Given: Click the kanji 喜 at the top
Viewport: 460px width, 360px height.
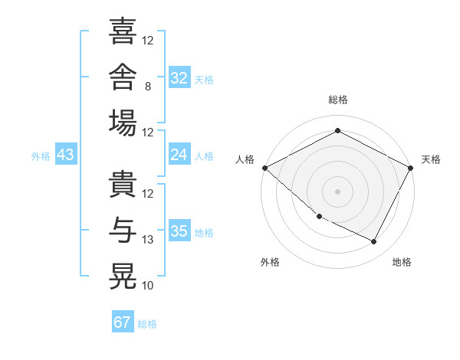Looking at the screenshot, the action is [x=123, y=31].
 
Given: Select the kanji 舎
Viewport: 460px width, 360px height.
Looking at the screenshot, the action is [x=123, y=77].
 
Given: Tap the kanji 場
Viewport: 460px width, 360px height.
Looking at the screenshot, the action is [x=123, y=123].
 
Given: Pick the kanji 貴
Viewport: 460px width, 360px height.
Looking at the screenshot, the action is [x=123, y=184].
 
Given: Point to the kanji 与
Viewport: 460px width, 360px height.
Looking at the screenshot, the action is [x=123, y=230].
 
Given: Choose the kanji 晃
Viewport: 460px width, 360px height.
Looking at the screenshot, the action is [x=123, y=277].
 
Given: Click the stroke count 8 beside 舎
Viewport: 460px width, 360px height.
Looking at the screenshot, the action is [x=148, y=87].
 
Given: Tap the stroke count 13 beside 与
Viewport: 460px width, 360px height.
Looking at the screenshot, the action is [x=147, y=240].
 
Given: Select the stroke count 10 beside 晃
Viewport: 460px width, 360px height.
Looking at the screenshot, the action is [x=147, y=286].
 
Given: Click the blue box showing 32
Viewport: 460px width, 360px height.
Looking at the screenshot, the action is [x=179, y=77].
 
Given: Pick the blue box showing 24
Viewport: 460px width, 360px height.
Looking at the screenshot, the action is [x=179, y=154].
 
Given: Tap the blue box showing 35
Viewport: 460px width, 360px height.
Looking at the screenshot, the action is [x=179, y=230].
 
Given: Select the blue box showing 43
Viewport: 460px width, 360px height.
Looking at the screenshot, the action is [x=66, y=154].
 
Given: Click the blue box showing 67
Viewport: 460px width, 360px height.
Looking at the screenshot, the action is [x=123, y=321].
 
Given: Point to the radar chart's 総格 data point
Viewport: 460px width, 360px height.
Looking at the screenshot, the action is [x=337, y=130].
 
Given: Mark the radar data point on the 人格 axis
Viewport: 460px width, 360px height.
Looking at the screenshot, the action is [x=265, y=168].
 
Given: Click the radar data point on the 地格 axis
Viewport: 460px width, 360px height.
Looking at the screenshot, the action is [x=374, y=241].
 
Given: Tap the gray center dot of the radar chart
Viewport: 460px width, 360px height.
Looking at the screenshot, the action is [x=337, y=191].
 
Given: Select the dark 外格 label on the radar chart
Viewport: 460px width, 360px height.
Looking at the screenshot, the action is [x=270, y=262].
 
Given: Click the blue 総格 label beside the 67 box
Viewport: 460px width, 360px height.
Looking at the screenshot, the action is [x=147, y=324].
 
